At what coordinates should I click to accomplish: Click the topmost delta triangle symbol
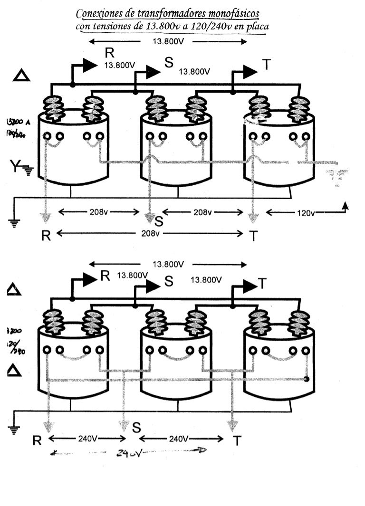coord(22,76)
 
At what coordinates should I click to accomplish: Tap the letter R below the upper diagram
coord(46,236)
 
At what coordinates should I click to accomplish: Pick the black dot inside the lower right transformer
coord(307,379)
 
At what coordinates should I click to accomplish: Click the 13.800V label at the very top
coord(168,42)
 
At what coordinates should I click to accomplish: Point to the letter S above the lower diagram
coord(168,281)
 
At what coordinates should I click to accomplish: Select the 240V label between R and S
coord(87,439)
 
